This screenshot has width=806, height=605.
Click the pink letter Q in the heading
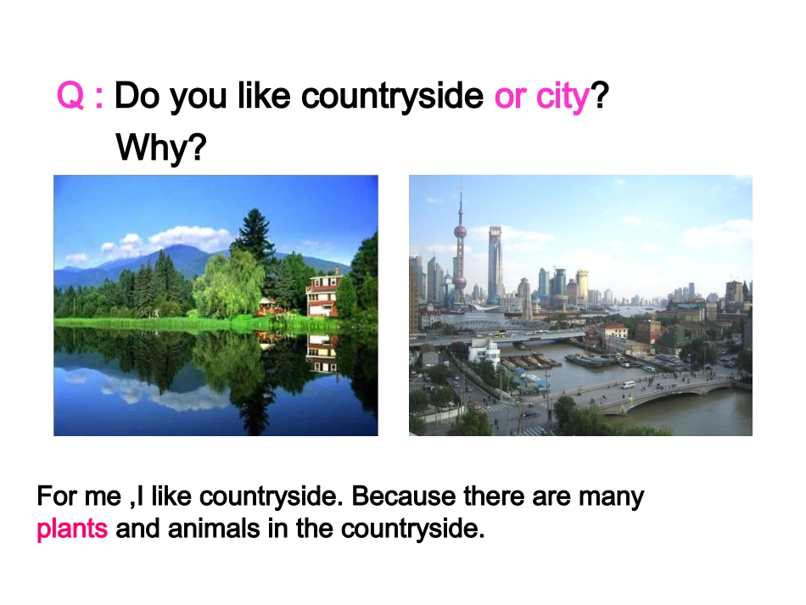click(x=70, y=97)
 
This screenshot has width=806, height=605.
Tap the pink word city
click(x=562, y=98)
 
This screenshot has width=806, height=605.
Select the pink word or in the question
click(x=510, y=98)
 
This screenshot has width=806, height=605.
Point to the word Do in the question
click(x=137, y=97)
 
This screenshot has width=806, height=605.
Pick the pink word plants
click(x=72, y=529)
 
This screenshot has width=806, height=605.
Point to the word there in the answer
click(x=494, y=496)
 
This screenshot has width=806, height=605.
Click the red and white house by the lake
click(x=323, y=294)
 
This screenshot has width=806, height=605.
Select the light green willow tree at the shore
click(x=227, y=284)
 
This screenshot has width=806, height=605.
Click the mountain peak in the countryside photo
click(x=175, y=249)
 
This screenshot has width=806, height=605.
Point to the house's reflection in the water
click(x=322, y=353)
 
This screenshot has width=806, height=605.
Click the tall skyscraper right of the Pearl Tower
click(x=495, y=263)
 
